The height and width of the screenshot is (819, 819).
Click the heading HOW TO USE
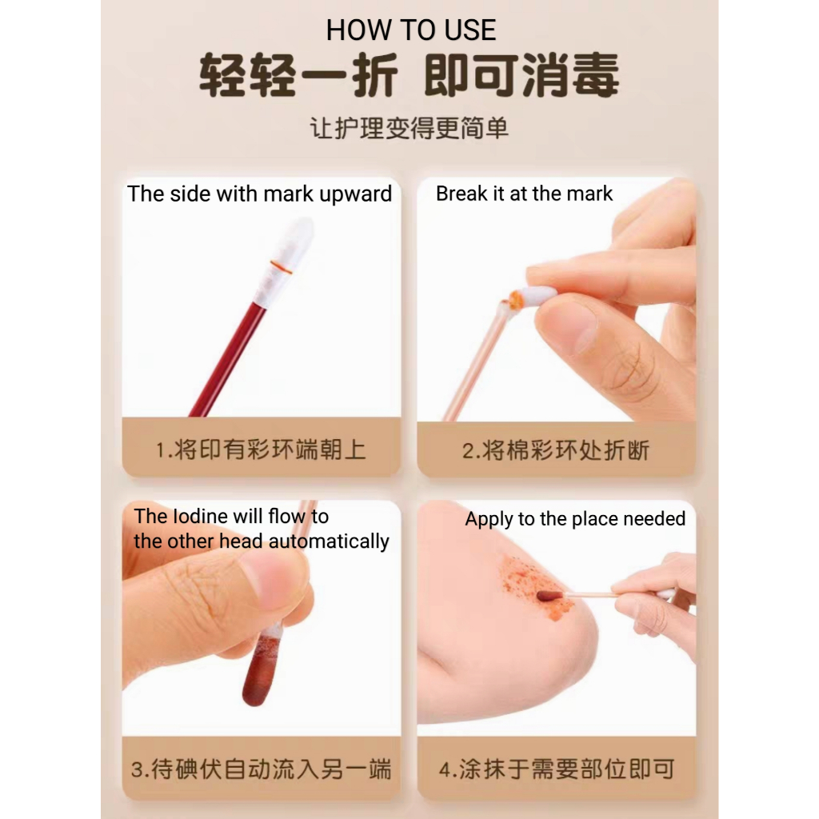point(410,30)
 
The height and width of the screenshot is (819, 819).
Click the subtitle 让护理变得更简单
point(409,128)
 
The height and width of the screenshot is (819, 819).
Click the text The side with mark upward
point(260,194)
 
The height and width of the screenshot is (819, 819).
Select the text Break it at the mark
point(524,194)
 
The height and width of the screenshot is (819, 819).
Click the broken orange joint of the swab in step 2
point(515,300)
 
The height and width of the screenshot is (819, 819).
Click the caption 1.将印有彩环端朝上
point(261,449)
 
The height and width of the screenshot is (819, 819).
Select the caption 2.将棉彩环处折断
point(556,450)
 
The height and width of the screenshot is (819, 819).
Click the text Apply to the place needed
point(575,518)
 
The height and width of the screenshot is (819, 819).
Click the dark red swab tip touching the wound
point(549,595)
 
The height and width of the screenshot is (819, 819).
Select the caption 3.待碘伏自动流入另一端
point(261,769)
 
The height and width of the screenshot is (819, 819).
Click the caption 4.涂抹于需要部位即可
point(557,769)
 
